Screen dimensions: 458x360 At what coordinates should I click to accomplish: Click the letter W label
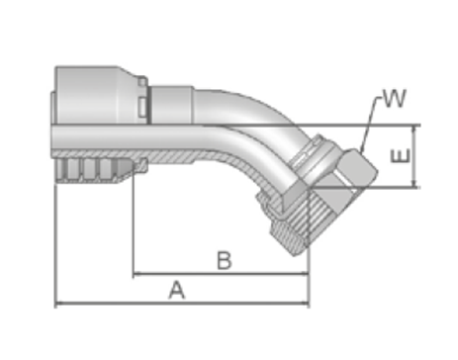395,98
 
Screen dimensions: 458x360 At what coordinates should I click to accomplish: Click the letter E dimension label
401,155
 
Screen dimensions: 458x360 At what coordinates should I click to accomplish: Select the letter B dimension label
225,260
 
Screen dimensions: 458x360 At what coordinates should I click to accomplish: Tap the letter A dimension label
177,290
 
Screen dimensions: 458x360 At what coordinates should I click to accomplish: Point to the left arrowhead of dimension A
58,303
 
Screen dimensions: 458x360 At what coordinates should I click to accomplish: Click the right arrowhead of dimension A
306,303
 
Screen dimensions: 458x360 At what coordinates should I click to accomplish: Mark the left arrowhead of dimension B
137,273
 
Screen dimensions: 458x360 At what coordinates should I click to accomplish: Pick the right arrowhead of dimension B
305,273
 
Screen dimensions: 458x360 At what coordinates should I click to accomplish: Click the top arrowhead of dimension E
415,130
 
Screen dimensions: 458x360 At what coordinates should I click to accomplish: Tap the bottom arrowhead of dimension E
415,184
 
